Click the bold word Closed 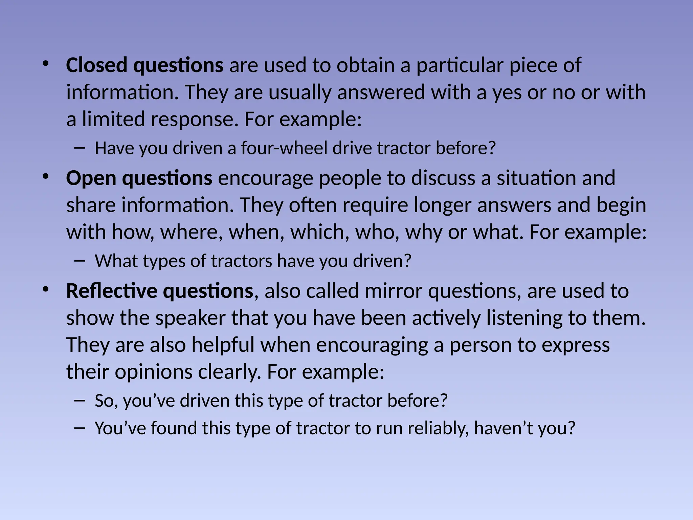pos(96,65)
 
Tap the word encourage pos(265,178)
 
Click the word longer pos(442,205)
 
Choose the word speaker pos(190,318)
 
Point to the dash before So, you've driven pos(79,400)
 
